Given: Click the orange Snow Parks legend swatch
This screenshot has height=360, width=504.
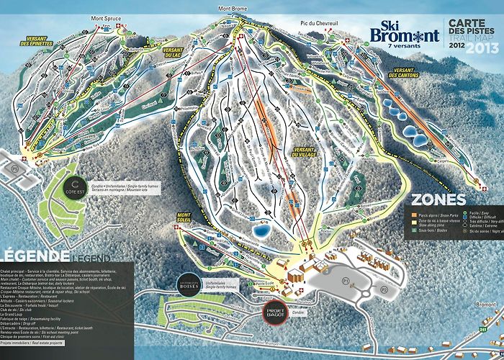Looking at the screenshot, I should pyautogui.click(x=414, y=215).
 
